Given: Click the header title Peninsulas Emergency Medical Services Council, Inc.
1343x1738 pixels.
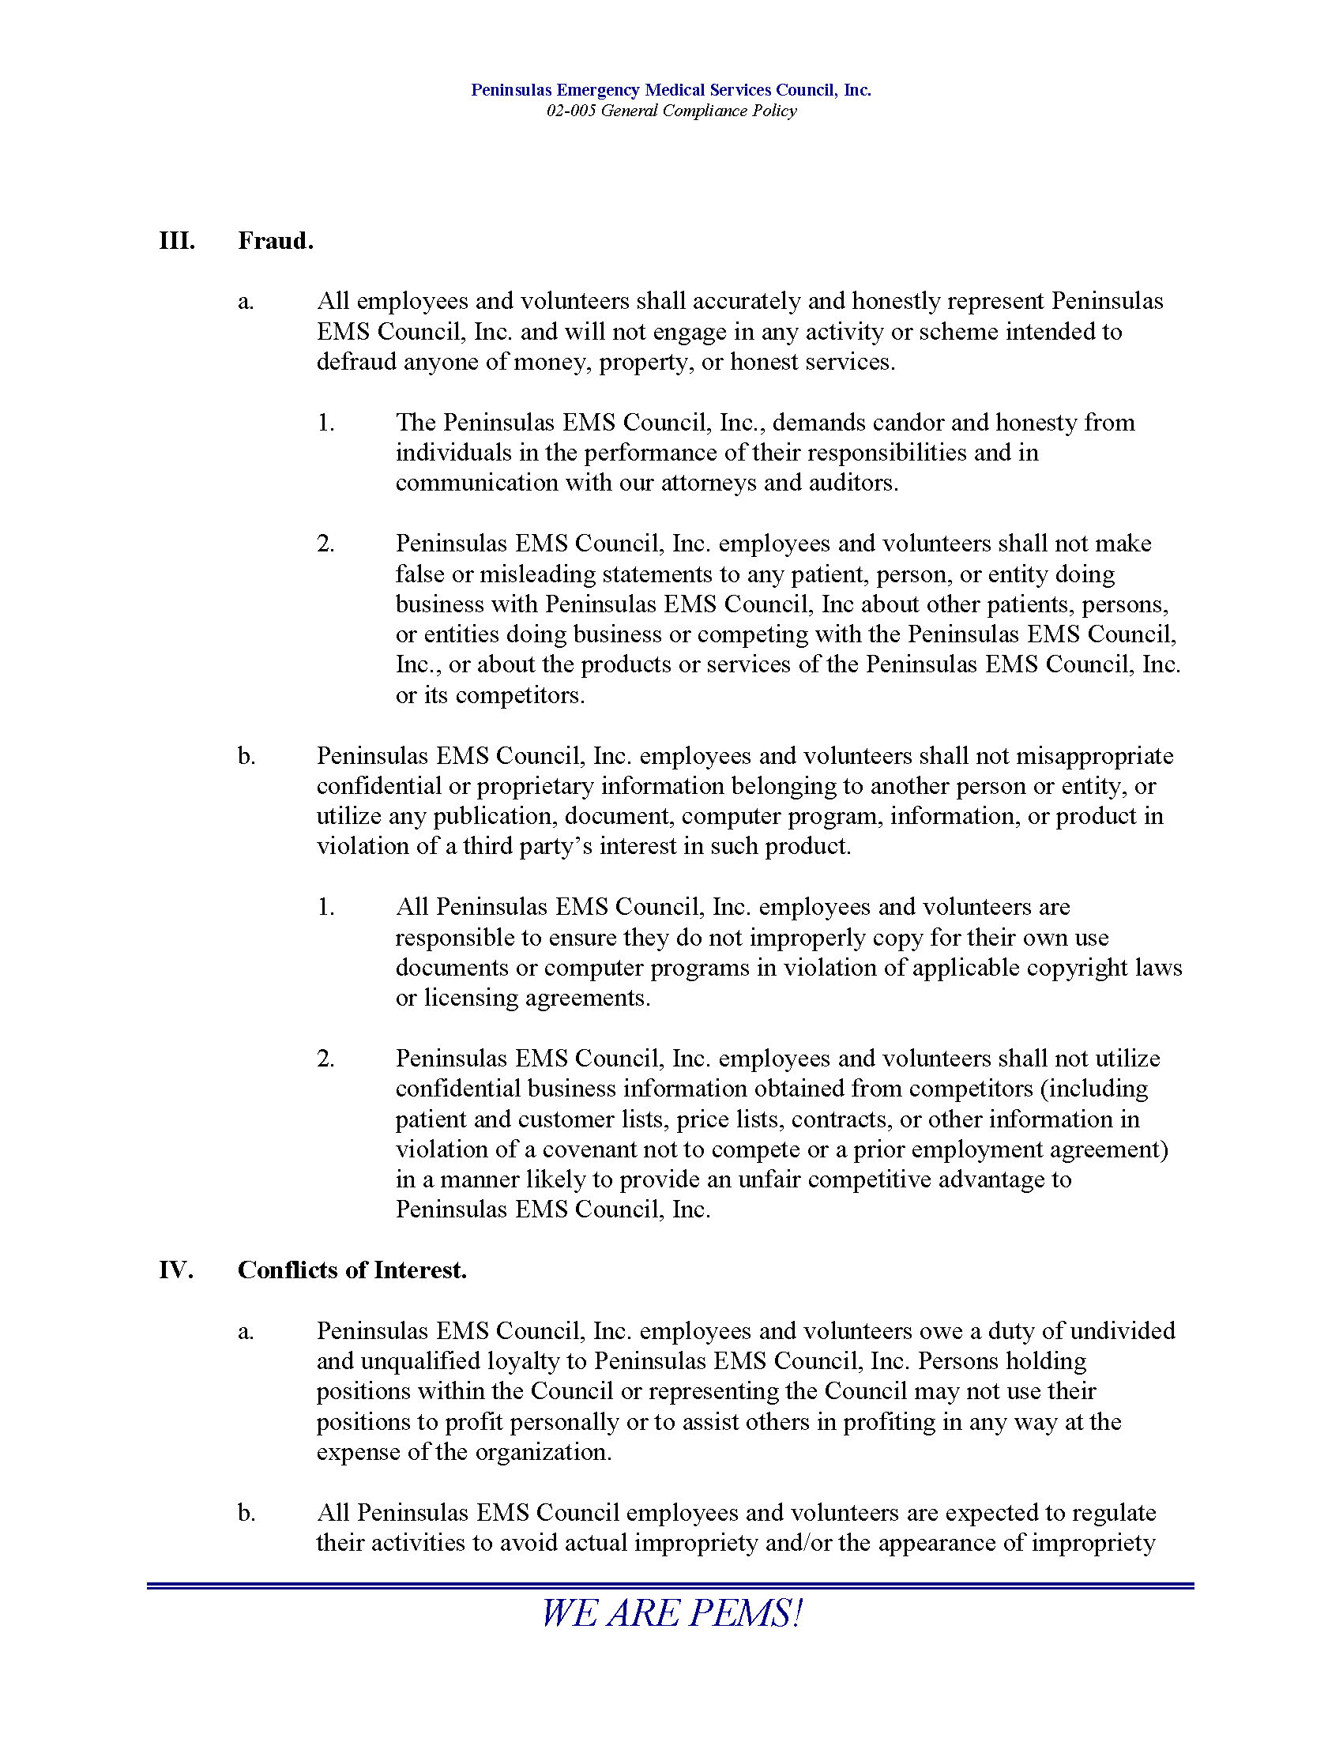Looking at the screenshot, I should click(x=671, y=90).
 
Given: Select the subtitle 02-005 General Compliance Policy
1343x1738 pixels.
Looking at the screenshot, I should click(x=671, y=111).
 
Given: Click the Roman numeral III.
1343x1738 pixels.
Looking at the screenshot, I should click(x=177, y=240).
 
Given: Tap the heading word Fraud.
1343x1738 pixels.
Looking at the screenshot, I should click(x=275, y=240).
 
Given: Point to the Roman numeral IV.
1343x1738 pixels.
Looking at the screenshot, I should click(x=176, y=1270).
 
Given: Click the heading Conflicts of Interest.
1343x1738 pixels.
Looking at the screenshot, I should click(x=352, y=1270).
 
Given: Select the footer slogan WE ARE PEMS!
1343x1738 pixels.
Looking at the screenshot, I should click(x=671, y=1614).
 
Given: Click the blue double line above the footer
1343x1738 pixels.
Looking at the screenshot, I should click(x=671, y=1586).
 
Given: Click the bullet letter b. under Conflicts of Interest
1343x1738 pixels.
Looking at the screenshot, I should click(x=246, y=1513).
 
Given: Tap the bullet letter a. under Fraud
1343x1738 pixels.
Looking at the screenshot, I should click(x=246, y=302).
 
